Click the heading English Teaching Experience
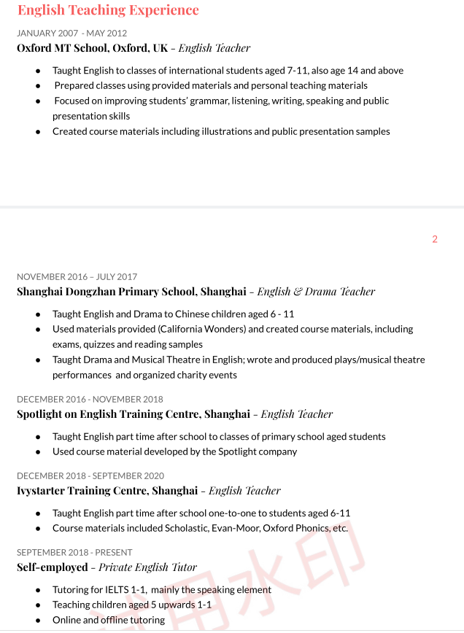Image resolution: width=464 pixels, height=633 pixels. click(x=108, y=10)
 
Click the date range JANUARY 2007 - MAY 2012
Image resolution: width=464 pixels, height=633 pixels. click(x=71, y=33)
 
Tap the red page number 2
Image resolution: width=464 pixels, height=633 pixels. click(x=435, y=239)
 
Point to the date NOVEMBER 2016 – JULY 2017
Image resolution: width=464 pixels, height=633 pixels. click(x=77, y=276)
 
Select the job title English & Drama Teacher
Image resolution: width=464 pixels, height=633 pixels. click(x=316, y=292)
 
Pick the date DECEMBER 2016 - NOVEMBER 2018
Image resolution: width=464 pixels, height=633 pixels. click(x=90, y=399)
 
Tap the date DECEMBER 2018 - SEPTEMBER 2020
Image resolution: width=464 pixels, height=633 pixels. click(x=90, y=475)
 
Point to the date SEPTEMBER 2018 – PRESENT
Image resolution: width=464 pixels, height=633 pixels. click(x=74, y=552)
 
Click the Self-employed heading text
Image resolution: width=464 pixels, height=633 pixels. click(x=52, y=567)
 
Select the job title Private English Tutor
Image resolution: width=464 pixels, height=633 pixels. click(x=147, y=567)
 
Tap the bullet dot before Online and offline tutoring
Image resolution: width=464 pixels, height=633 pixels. click(x=38, y=620)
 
